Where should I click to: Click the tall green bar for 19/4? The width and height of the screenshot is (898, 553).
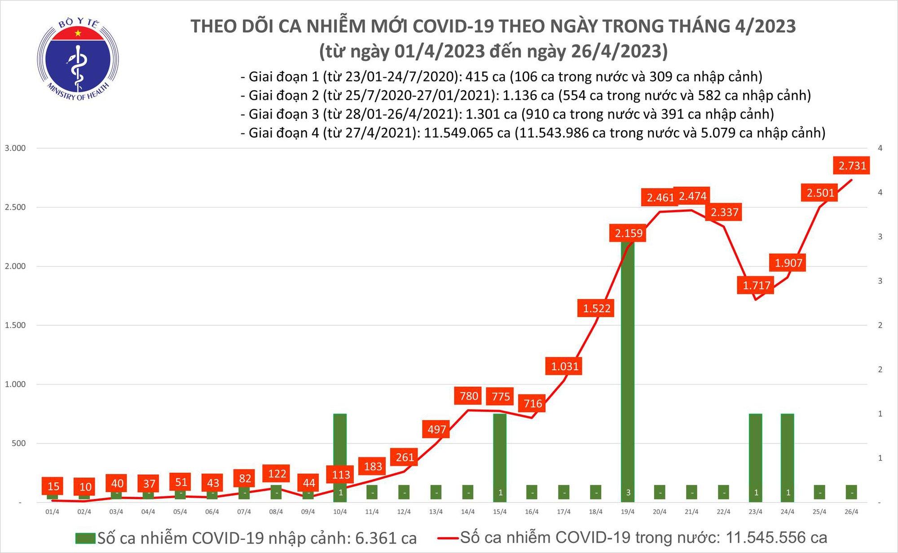click(628, 373)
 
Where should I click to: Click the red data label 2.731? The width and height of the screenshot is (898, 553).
click(852, 166)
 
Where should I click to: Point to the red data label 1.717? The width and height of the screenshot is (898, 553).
click(756, 285)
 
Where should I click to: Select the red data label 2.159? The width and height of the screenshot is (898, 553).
click(628, 233)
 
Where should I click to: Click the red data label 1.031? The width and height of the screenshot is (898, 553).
click(564, 366)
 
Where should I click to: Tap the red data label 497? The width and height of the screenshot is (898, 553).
click(436, 429)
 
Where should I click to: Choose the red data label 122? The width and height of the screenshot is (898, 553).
click(277, 473)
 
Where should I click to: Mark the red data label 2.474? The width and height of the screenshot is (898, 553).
click(693, 196)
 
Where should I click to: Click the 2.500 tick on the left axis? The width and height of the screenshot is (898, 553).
click(15, 207)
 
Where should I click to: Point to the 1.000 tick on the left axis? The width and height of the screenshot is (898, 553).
click(15, 384)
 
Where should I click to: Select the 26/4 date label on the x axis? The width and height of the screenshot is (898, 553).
click(851, 512)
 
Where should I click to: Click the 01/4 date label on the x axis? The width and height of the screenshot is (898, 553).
click(52, 512)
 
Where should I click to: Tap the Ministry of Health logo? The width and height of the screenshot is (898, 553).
click(78, 59)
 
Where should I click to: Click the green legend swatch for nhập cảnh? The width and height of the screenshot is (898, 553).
click(85, 538)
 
